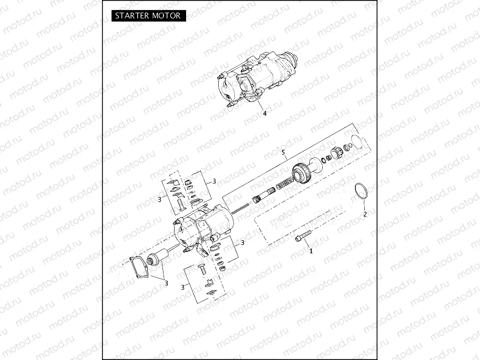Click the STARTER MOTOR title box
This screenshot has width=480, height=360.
148,15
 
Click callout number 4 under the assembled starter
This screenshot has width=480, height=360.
264,112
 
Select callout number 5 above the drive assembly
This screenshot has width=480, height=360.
283,153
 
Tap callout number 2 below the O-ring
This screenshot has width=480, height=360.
365,214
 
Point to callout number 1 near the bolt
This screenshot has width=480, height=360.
311,251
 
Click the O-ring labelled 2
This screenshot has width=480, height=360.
359,191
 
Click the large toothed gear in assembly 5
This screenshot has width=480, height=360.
300,174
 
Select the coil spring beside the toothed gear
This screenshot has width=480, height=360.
283,185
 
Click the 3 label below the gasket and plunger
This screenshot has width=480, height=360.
166,283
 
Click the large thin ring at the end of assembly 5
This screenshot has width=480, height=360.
357,142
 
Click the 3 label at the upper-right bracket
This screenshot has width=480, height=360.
214,181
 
